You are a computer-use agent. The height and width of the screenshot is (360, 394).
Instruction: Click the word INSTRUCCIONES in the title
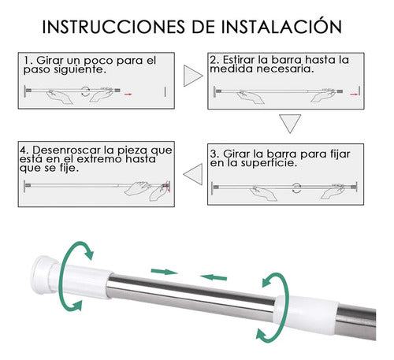[113, 27]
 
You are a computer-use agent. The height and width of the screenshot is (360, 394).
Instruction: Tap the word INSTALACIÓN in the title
[281, 25]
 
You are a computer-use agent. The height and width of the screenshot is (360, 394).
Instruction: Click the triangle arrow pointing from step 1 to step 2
[193, 76]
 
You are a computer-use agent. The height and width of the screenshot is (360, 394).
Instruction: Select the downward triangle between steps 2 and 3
[290, 124]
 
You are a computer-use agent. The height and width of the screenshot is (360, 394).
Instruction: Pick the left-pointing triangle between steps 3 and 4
[193, 174]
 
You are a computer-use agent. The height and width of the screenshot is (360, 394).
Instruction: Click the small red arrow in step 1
[128, 94]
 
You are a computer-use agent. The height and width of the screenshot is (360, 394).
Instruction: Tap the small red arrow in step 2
[354, 94]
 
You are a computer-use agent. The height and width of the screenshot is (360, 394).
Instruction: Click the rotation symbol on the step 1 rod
[85, 91]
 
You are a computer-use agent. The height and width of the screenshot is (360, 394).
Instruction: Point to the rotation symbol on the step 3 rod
[297, 188]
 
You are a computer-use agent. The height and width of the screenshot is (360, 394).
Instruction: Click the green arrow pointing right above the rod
[165, 272]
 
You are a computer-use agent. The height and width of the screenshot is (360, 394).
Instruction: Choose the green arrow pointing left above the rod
[214, 277]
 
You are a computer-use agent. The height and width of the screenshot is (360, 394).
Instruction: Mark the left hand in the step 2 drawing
[250, 97]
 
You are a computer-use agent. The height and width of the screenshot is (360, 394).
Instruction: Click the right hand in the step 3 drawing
[333, 191]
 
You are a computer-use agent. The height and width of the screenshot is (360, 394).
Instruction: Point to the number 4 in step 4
[24, 150]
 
